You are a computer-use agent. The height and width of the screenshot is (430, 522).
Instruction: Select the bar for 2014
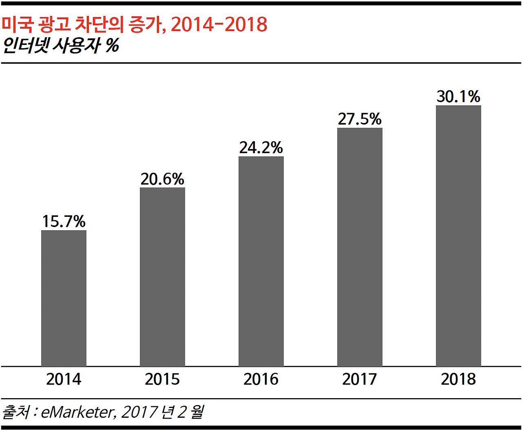pos(64,298)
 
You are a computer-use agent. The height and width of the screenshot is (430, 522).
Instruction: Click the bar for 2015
pos(162,277)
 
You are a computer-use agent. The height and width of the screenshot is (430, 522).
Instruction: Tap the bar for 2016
pos(261,261)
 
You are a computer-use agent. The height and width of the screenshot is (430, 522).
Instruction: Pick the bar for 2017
pos(360,247)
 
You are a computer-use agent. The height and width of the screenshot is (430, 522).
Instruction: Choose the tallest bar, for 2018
pos(458,236)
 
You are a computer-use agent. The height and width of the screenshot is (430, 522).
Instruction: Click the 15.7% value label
pos(64,221)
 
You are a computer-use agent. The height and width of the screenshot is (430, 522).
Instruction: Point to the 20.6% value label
pos(162,179)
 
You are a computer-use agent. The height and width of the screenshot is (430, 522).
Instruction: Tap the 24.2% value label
pos(261,147)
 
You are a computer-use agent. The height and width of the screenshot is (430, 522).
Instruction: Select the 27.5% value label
pos(360,119)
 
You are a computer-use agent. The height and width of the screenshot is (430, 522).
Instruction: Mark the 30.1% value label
pos(458,96)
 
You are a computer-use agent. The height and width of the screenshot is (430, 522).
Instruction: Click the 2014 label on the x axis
pos(64,379)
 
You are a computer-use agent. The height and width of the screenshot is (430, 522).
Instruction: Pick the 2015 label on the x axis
pos(162,379)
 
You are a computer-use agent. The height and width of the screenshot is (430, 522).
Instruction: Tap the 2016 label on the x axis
pos(261,379)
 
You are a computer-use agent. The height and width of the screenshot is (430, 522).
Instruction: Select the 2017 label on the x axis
pos(360,379)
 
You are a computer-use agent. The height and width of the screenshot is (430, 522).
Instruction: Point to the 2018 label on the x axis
pos(458,379)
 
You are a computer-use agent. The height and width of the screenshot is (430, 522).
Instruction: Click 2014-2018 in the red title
pos(219,25)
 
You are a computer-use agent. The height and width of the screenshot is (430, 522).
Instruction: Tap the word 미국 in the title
pos(17,25)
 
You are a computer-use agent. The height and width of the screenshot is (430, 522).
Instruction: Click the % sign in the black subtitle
pos(112,45)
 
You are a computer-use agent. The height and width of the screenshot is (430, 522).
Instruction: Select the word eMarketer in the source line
pos(76,412)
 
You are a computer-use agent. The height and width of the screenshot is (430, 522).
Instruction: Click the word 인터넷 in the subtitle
pos(26,45)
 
